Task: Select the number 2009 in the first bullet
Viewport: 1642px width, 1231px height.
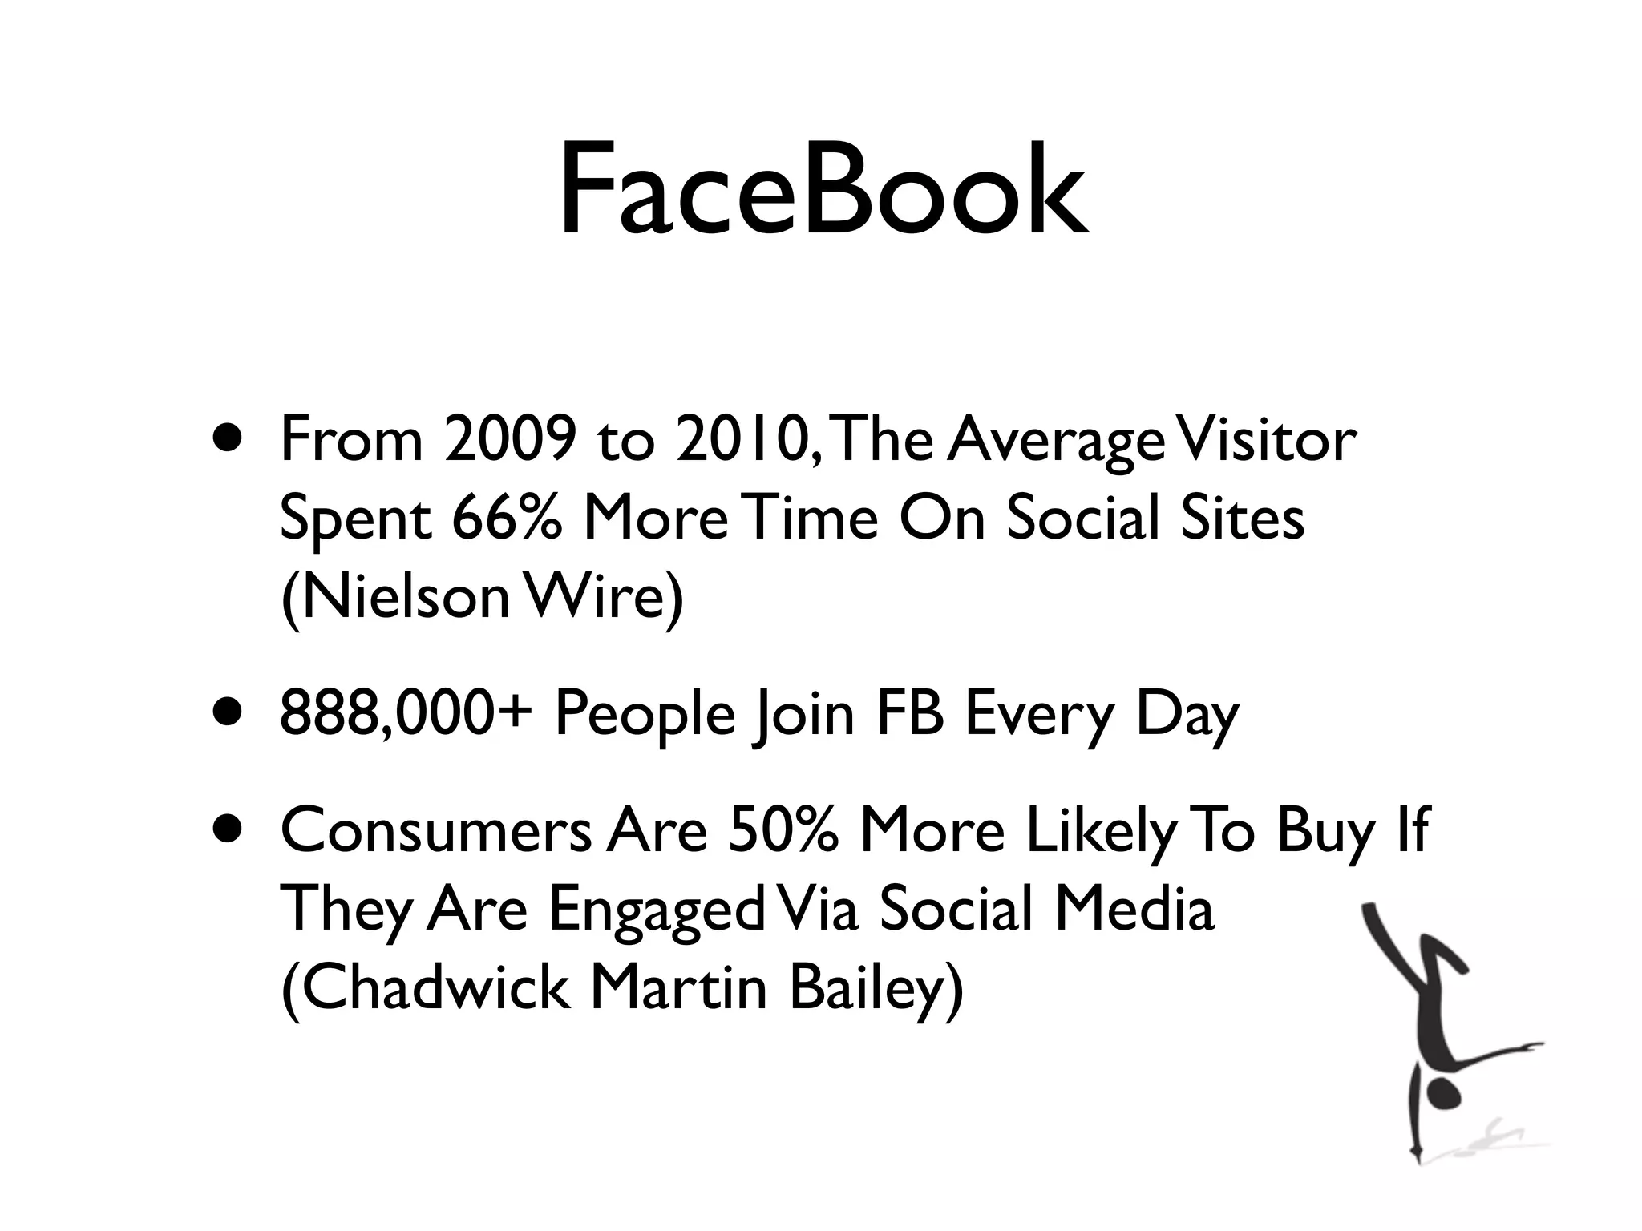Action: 510,441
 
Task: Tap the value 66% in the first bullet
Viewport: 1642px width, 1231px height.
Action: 507,519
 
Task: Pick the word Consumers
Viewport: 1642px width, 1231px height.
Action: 436,831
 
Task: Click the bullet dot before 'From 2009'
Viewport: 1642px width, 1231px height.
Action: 231,442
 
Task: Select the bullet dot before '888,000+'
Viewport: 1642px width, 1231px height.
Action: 231,713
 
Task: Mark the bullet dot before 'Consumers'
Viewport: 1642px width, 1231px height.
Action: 231,831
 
